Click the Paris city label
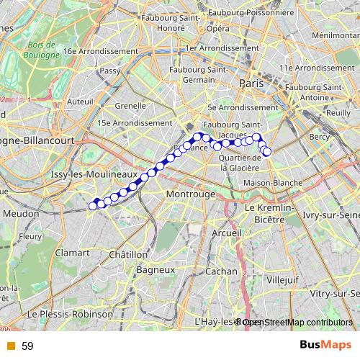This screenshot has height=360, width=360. pos(253,84)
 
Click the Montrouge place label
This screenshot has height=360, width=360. pos(191,195)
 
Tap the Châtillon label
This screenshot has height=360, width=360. pos(128,254)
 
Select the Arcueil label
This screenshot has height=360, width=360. pos(226,233)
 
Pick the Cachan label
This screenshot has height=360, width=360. pos(221,271)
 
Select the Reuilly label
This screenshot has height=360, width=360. pos(338,113)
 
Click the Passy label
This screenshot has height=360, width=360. pos(110,71)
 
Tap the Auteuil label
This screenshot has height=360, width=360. pos(79,102)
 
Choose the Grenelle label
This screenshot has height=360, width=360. pos(130,105)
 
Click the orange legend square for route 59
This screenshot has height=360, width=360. pos(10,346)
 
